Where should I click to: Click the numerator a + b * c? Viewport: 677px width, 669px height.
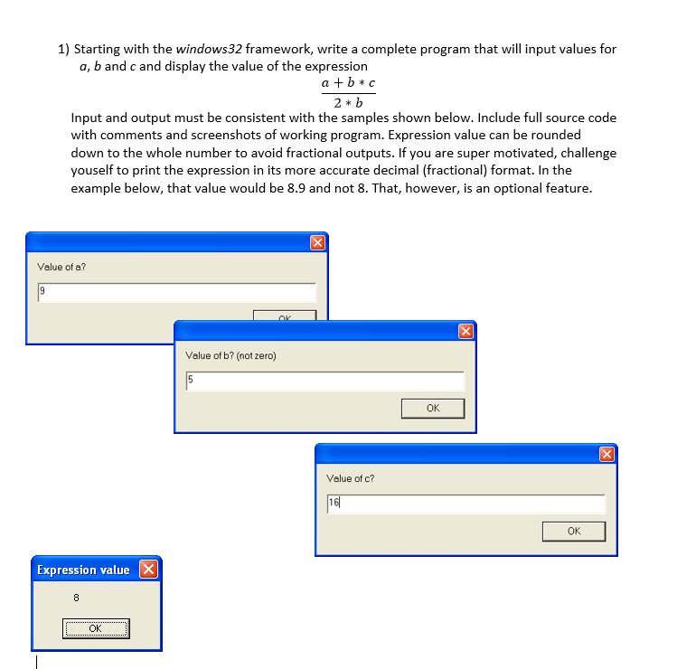348,83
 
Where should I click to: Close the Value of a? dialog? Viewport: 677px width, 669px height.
316,242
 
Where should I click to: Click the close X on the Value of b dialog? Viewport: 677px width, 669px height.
465,331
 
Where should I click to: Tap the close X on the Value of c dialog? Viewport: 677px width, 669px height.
606,453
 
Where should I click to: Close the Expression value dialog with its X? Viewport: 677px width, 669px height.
149,570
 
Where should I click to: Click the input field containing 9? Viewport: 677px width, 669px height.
176,292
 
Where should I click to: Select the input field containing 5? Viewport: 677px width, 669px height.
324,381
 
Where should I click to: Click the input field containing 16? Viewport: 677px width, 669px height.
465,504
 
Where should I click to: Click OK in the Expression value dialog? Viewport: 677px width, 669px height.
96,628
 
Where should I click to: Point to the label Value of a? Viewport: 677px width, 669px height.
61,267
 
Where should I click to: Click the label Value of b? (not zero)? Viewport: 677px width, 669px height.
230,355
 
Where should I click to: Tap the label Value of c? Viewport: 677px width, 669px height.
350,478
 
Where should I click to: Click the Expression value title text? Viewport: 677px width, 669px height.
83,570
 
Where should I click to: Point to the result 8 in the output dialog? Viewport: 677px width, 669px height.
76,597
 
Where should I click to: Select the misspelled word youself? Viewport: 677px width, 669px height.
97,171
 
